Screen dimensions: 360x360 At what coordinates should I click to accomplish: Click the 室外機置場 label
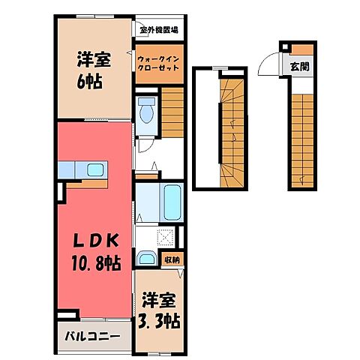tap(158, 31)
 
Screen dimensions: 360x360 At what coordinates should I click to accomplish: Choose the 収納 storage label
tap(172, 260)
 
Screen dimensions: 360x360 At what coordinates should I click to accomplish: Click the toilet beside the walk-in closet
tap(147, 109)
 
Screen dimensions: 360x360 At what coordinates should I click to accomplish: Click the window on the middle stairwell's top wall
tap(220, 67)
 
